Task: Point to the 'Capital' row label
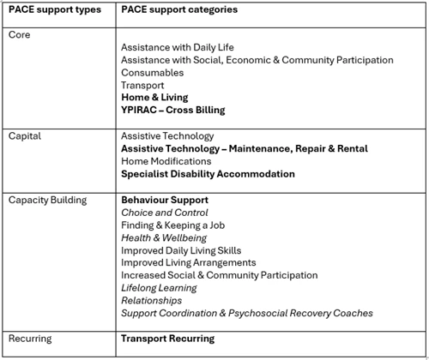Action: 25,135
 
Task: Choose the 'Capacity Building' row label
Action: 47,200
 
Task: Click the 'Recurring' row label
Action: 30,339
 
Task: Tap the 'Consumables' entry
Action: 153,73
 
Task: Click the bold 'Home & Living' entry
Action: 155,98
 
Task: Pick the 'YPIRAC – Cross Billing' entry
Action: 173,111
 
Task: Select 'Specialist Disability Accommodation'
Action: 208,174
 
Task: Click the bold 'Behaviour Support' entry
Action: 165,200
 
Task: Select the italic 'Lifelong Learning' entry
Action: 159,288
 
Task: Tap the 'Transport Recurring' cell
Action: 168,339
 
